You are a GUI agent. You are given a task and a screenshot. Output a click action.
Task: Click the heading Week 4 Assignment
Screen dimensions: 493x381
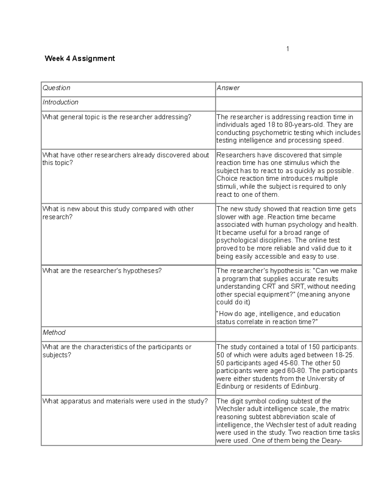tap(80, 58)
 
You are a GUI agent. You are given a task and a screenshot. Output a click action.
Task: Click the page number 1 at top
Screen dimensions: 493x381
tap(288, 49)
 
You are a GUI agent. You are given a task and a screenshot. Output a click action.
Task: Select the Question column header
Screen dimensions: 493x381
tap(57, 88)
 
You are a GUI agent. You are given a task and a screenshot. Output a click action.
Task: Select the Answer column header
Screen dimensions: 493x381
tap(228, 88)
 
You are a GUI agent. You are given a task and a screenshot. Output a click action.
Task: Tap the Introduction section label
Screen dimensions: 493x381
tap(60, 102)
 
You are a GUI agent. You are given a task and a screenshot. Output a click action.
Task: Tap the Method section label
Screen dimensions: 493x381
tap(54, 332)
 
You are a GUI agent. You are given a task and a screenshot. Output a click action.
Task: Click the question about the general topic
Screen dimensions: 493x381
tap(117, 117)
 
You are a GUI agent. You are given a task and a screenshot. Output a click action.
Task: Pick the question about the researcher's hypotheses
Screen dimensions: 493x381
tap(102, 271)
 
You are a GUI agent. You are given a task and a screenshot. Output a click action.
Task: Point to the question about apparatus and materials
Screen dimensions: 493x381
tap(125, 401)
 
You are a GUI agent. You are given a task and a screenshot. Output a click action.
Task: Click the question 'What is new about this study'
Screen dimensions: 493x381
tap(118, 209)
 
